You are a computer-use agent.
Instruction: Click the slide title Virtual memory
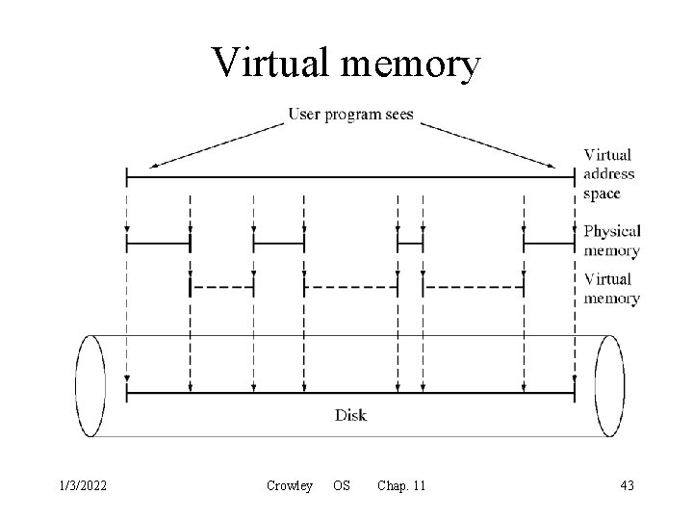click(x=346, y=64)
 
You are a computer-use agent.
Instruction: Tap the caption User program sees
click(x=351, y=115)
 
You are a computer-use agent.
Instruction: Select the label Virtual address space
click(x=608, y=173)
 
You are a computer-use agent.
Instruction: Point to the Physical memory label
click(x=612, y=241)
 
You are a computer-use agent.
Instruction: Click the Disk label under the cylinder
click(x=350, y=416)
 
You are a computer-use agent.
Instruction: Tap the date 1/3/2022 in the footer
click(x=80, y=486)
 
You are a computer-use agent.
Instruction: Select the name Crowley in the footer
click(x=290, y=486)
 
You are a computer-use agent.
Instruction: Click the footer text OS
click(x=342, y=486)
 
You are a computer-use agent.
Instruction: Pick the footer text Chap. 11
click(x=401, y=486)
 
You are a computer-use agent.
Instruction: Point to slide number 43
click(x=626, y=486)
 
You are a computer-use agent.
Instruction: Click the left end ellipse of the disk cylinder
click(x=90, y=385)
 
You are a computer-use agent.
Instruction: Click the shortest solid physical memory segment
click(x=410, y=244)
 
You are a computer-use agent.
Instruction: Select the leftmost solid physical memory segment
click(x=158, y=244)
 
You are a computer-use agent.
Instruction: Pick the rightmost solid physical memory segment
click(x=550, y=244)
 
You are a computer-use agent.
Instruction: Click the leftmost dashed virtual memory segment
click(x=221, y=286)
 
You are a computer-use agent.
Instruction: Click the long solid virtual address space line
click(x=350, y=176)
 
